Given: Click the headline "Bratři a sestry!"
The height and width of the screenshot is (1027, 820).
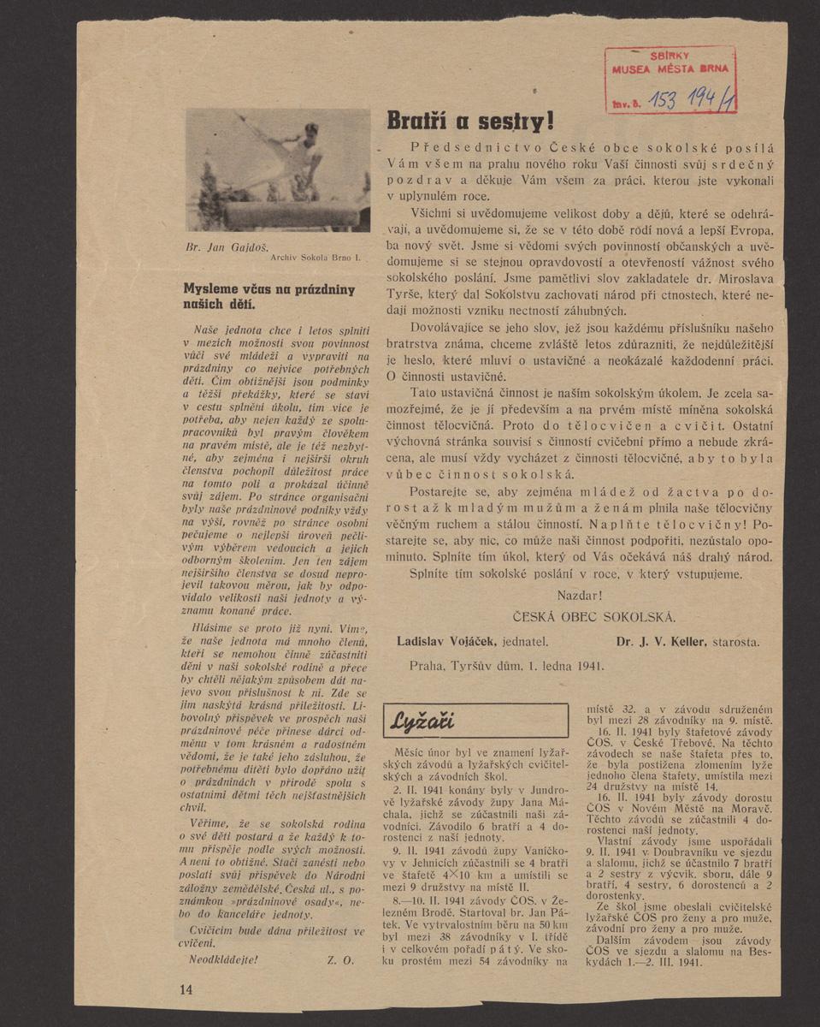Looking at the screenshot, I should pyautogui.click(x=470, y=121).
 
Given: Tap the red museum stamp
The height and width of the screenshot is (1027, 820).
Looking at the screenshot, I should pyautogui.click(x=670, y=80).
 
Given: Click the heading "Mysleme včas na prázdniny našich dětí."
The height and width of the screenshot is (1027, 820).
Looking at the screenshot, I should pyautogui.click(x=269, y=296).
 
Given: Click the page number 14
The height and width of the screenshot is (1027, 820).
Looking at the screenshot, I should pyautogui.click(x=186, y=989).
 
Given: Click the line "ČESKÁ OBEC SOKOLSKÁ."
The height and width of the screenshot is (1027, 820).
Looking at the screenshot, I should pyautogui.click(x=593, y=616).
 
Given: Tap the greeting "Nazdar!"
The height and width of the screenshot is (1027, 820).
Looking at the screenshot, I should pyautogui.click(x=579, y=595).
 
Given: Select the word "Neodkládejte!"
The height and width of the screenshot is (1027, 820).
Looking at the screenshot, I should pyautogui.click(x=221, y=959).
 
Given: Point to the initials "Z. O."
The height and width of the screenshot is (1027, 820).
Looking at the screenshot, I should pyautogui.click(x=340, y=959).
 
